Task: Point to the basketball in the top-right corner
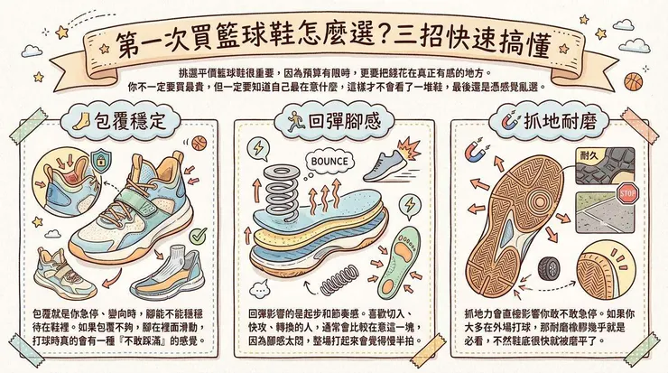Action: point(633,83)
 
